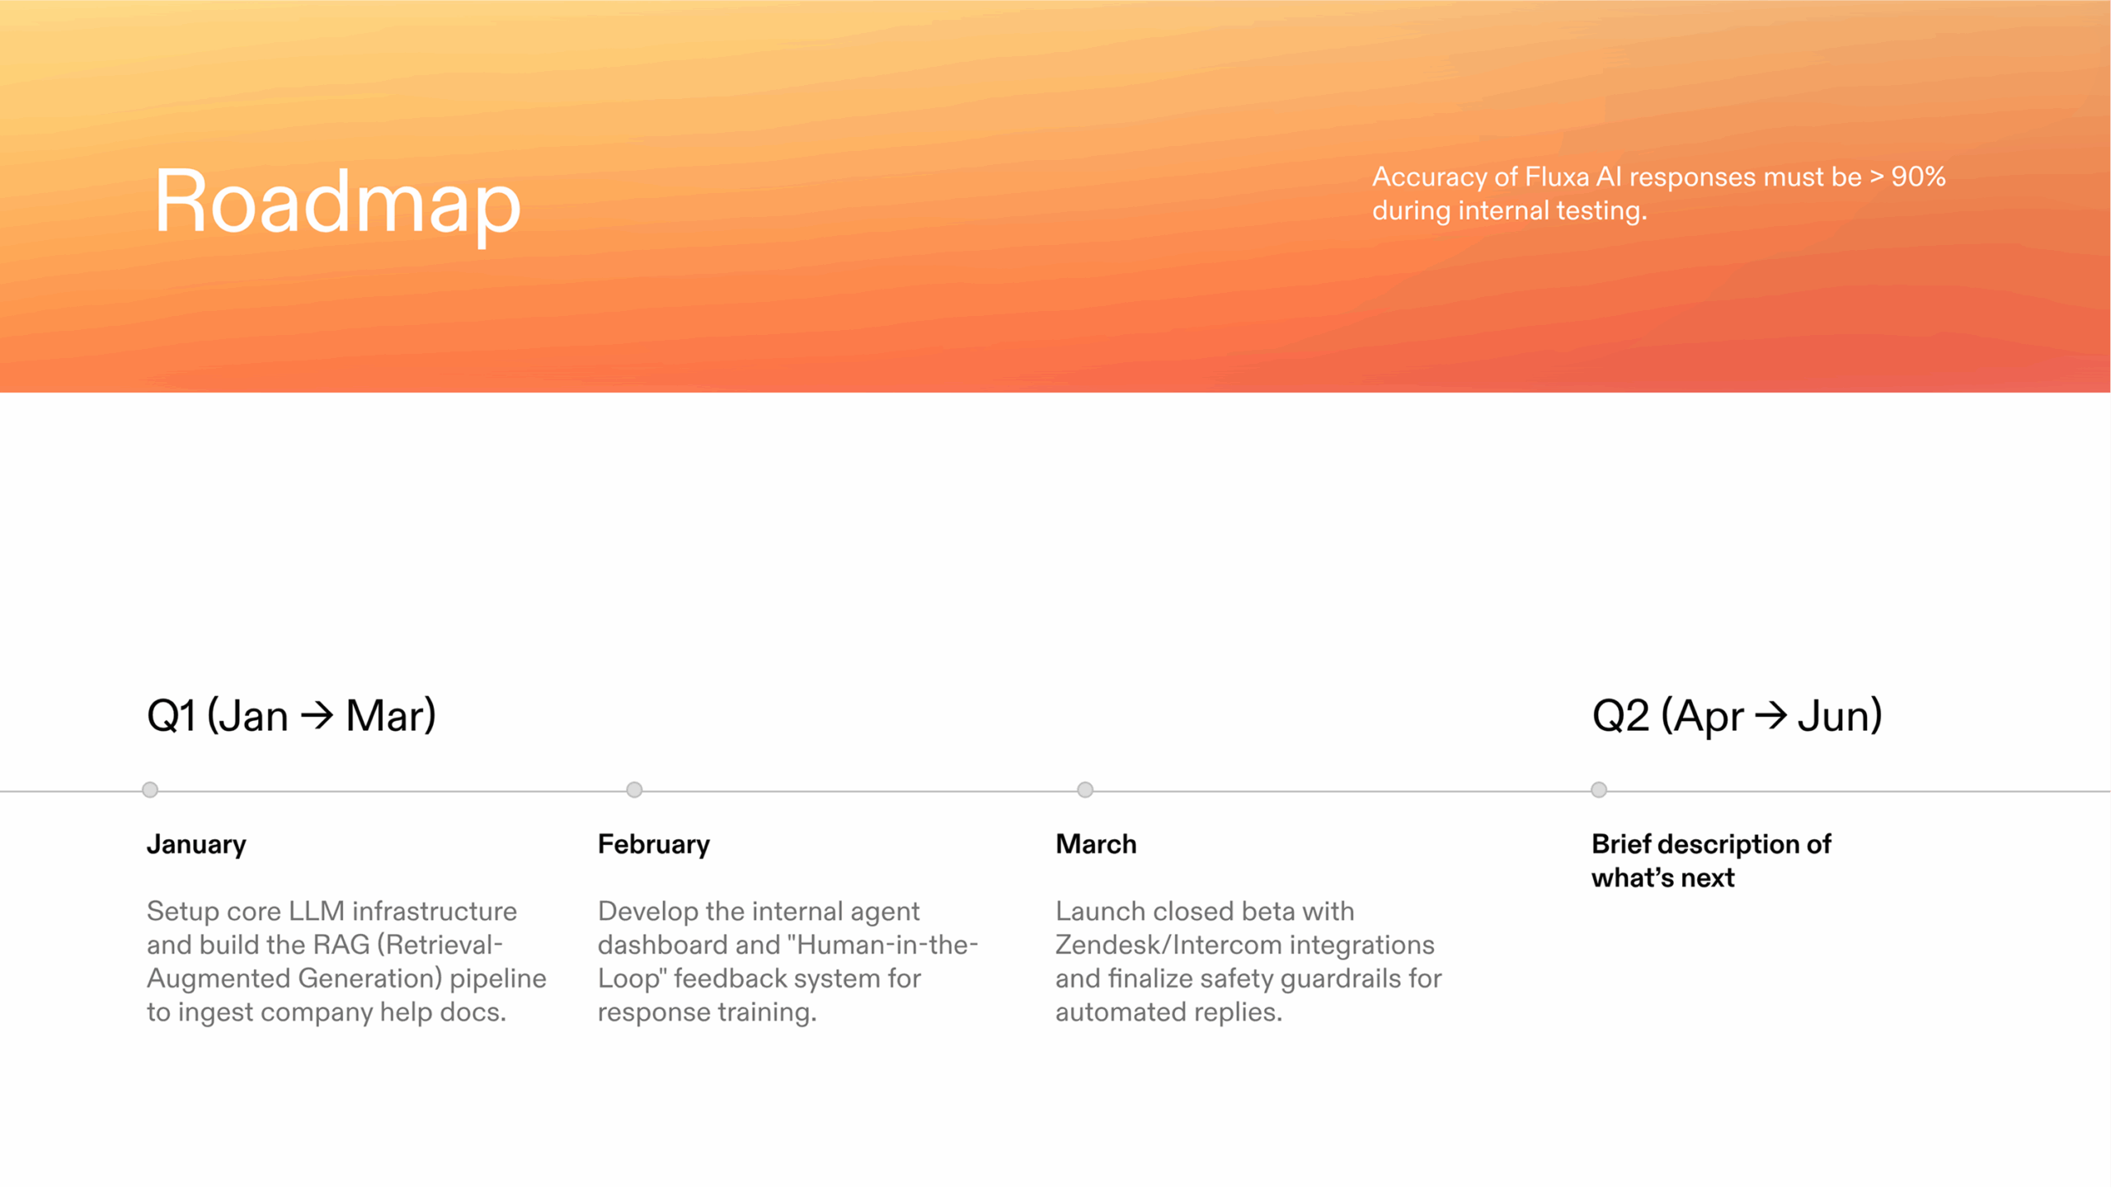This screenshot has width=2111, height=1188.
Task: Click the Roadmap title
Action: pos(337,202)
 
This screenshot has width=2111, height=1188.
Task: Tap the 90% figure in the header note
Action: pos(1918,177)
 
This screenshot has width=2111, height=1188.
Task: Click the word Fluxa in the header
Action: pos(1557,177)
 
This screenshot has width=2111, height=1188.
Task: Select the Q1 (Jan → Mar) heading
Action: pos(291,715)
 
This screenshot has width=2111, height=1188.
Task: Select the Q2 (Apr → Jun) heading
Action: pos(1737,715)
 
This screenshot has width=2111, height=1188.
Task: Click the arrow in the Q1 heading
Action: pos(317,715)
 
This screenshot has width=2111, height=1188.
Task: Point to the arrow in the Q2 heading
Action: pos(1770,715)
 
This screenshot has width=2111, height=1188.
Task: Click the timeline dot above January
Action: pos(150,790)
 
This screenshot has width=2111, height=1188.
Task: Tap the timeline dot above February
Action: pos(634,790)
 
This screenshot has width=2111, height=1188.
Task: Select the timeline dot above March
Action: pos(1085,790)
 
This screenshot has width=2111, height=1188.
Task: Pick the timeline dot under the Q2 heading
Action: pos(1599,790)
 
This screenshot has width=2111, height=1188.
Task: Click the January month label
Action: pos(196,845)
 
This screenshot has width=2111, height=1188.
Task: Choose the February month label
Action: pos(654,845)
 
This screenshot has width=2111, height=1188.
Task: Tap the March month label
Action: pos(1096,844)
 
